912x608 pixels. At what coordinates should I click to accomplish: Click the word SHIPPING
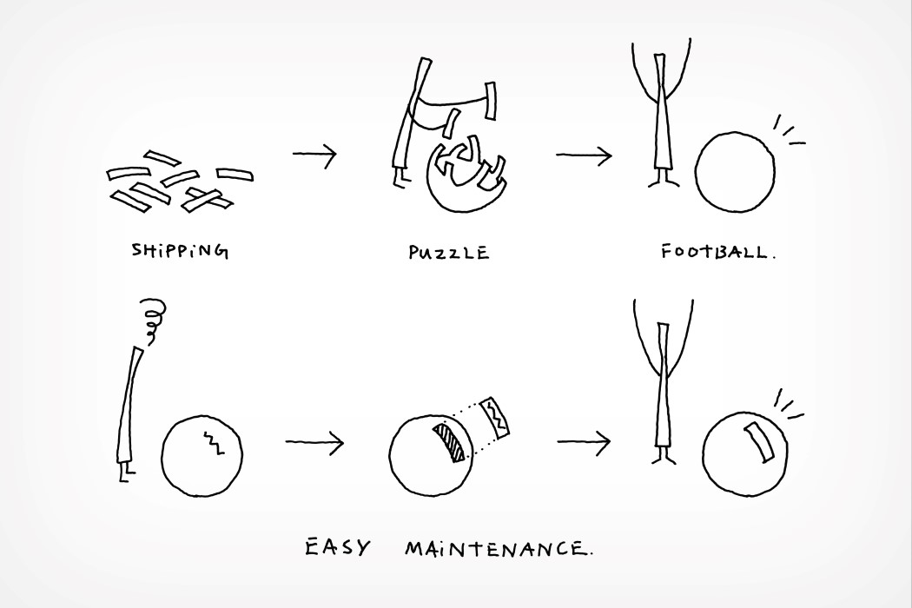pos(180,251)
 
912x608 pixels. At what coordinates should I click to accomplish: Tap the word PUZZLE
pos(448,253)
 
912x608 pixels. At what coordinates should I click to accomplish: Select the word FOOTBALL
pos(717,251)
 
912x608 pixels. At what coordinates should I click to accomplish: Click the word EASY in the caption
pos(337,547)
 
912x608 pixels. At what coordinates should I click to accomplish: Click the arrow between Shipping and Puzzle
pos(314,155)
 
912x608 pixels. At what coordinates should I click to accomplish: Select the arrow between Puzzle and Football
pos(584,155)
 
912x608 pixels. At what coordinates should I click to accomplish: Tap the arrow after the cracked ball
pos(314,442)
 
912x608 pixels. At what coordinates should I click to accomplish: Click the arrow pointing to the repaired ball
pos(584,442)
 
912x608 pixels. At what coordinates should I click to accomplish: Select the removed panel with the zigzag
pos(496,417)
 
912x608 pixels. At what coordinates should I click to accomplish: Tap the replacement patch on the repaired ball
pos(759,442)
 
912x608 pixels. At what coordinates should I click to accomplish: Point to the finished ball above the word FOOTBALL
pos(735,172)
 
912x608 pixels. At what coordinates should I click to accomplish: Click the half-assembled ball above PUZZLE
pos(466,175)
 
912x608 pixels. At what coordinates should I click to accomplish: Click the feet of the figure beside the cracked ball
pos(125,473)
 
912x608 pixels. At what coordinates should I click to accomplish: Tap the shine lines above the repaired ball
pos(789,405)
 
